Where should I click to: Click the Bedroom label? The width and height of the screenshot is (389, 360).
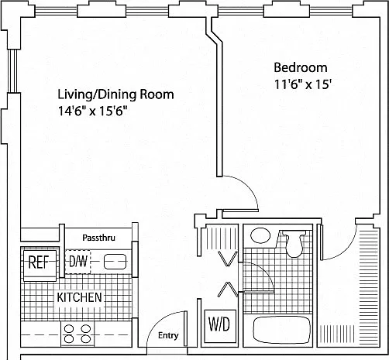coord(301,67)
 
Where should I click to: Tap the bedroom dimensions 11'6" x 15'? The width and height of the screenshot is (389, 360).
coord(302,84)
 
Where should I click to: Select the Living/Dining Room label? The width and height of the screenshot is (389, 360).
coord(115,94)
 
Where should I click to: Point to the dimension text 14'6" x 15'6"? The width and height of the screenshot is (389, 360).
coord(93,111)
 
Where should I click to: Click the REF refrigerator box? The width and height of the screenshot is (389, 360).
coord(39,262)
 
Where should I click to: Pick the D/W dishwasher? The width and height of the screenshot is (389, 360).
coord(77,262)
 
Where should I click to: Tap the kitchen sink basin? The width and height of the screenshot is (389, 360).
coord(115,262)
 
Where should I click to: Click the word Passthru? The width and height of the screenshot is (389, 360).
coord(98,238)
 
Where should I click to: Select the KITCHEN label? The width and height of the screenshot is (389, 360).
coord(79,297)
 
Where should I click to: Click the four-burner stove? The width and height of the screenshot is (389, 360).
coord(77,334)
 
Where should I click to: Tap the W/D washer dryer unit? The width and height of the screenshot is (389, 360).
coord(219,326)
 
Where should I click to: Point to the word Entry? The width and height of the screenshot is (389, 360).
coord(168,335)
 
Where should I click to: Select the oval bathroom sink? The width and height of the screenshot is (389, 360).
coord(260,235)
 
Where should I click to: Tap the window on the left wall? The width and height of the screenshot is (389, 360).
coord(12,70)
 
